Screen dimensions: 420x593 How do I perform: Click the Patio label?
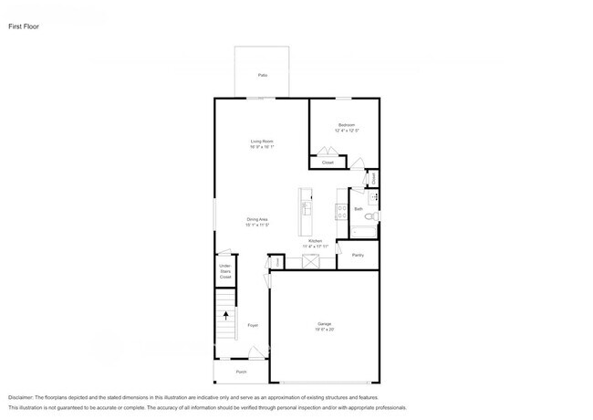point(263,75)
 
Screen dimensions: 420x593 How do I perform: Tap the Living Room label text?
point(263,142)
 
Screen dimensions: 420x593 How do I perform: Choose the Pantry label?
point(358,255)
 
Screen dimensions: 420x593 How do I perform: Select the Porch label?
point(242,373)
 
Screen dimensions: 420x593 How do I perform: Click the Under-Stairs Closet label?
point(224,271)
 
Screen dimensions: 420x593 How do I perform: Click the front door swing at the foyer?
point(258,353)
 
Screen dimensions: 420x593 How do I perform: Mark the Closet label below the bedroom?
point(327,163)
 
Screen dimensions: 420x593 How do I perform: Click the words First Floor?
point(24,26)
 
